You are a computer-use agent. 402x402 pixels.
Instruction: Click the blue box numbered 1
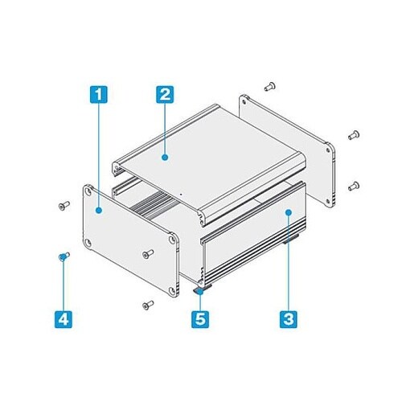pyautogui.click(x=98, y=94)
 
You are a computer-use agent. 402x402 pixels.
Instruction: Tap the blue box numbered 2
pyautogui.click(x=165, y=94)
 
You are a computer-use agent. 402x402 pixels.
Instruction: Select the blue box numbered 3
pyautogui.click(x=289, y=319)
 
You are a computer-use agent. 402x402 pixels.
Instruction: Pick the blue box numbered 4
pyautogui.click(x=64, y=319)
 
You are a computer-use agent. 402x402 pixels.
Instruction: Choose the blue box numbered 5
pyautogui.click(x=200, y=319)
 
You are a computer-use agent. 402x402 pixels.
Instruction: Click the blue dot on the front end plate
pyautogui.click(x=99, y=211)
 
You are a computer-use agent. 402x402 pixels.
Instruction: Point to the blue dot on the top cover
pyautogui.click(x=165, y=157)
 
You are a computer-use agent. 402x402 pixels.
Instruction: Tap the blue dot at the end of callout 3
pyautogui.click(x=289, y=212)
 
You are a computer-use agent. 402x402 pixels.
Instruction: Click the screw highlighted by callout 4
pyautogui.click(x=64, y=256)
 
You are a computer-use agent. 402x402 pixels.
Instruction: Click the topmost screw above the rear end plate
pyautogui.click(x=270, y=87)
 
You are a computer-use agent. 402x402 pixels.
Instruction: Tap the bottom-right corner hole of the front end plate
pyautogui.click(x=171, y=290)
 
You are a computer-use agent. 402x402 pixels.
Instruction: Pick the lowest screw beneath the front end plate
pyautogui.click(x=148, y=305)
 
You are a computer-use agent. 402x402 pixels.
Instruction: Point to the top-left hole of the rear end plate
pyautogui.click(x=244, y=101)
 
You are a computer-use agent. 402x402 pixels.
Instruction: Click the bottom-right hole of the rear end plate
pyautogui.click(x=327, y=201)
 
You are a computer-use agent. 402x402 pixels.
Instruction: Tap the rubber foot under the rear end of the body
pyautogui.click(x=291, y=239)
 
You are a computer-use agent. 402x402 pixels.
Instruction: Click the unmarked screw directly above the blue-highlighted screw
pyautogui.click(x=64, y=206)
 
